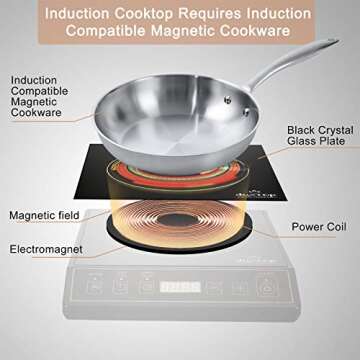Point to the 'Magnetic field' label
pos(40,214)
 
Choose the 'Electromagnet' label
pos(40,247)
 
